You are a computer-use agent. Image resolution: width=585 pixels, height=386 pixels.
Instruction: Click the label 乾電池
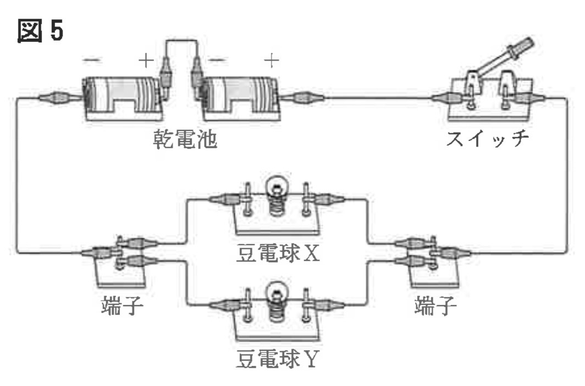tap(185, 141)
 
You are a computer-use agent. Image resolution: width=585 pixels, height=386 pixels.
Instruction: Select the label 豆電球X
tap(277, 255)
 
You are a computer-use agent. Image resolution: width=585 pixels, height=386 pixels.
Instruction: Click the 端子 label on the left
tap(123, 306)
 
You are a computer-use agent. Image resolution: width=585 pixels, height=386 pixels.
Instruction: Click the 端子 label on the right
tap(435, 306)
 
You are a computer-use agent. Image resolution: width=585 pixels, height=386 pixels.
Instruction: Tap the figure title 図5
tap(41, 32)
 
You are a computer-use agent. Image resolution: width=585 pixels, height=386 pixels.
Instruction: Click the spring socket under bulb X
tap(277, 209)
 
